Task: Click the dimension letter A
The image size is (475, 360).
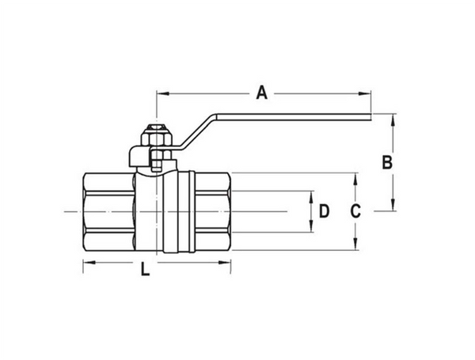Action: point(262,94)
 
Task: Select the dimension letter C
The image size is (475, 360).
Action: point(355,211)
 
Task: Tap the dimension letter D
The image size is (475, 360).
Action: point(323,211)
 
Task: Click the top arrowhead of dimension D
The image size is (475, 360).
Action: point(310,195)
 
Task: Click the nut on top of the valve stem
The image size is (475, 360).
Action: point(156,135)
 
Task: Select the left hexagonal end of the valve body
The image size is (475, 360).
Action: point(108,212)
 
